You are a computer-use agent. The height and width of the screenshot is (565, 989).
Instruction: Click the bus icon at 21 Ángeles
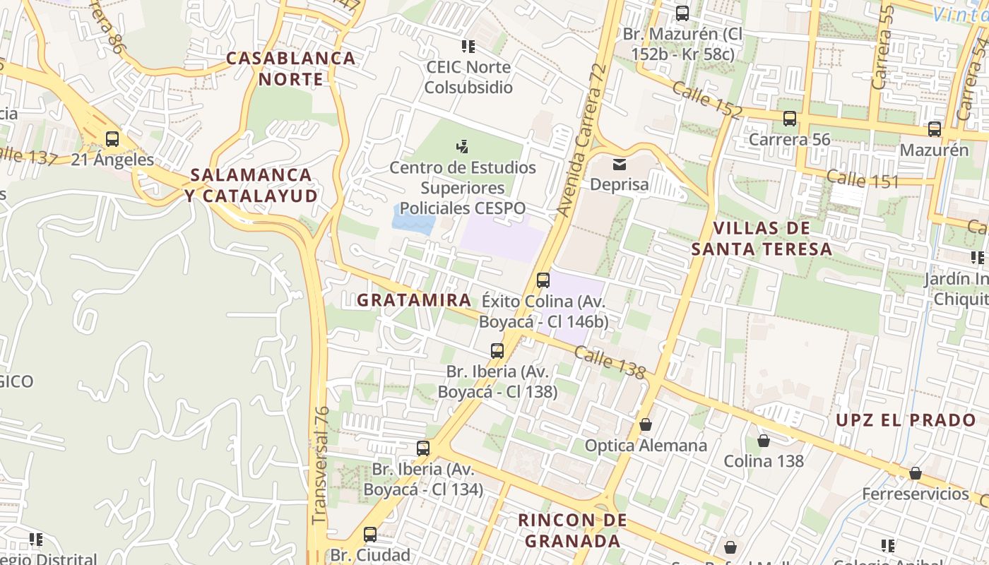pos(112,139)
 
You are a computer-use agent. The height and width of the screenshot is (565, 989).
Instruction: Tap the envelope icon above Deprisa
pos(620,165)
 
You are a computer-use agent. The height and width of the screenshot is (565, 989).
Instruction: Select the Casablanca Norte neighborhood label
pos(291,69)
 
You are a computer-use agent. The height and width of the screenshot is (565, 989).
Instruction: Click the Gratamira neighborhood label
pos(413,300)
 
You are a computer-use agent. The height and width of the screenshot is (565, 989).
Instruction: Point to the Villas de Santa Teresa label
pos(762,238)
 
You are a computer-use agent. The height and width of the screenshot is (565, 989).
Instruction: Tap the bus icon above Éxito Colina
pos(543,280)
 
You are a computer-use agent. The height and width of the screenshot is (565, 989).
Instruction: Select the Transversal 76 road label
pos(321,464)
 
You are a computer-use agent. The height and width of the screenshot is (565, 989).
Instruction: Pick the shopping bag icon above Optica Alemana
pos(646,424)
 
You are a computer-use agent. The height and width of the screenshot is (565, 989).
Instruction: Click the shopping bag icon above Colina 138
pos(764,441)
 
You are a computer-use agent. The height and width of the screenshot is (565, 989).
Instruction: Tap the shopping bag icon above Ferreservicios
pos(916,473)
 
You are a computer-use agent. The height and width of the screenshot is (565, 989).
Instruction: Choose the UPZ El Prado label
pos(906,420)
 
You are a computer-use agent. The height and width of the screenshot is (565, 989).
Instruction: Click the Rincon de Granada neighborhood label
pos(572,530)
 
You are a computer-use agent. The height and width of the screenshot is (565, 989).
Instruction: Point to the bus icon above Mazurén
pos(935,129)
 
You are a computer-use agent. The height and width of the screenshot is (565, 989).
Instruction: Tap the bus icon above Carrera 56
pos(790,119)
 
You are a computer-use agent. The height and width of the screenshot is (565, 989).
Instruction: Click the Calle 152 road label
pos(706,100)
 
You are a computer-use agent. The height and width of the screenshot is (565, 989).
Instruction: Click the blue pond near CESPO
pos(414,220)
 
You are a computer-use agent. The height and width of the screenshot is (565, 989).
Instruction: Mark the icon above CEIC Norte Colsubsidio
pos(468,47)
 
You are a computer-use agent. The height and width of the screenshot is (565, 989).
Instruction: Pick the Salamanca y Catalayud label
pos(251,185)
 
